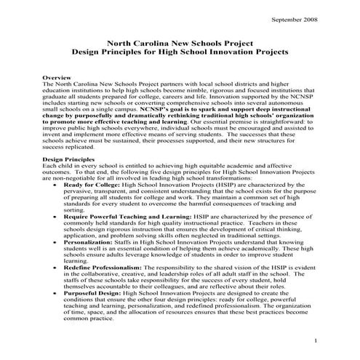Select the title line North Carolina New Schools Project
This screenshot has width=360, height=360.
(x=180, y=44)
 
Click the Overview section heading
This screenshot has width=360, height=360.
(x=57, y=76)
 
